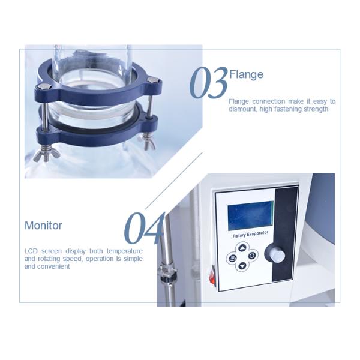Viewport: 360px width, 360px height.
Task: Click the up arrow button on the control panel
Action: coord(242,248)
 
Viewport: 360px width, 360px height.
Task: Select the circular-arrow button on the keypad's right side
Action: coord(252,255)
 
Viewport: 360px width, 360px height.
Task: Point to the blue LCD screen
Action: coord(250,215)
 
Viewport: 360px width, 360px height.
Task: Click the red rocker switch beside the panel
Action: coord(212,276)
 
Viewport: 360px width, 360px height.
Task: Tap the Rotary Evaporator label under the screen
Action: coord(250,235)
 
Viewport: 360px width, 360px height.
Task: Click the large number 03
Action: coord(208,83)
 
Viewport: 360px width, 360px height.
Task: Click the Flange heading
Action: coord(247,74)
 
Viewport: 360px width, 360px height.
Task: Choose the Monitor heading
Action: coord(43,226)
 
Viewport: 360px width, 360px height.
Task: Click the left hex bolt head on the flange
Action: coord(44,86)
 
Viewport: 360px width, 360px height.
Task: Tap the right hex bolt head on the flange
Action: coord(152,80)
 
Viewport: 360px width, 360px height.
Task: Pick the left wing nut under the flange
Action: coord(46,154)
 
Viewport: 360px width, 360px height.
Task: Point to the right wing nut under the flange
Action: coord(148,142)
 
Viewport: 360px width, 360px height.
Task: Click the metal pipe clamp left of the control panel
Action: coord(166,273)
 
